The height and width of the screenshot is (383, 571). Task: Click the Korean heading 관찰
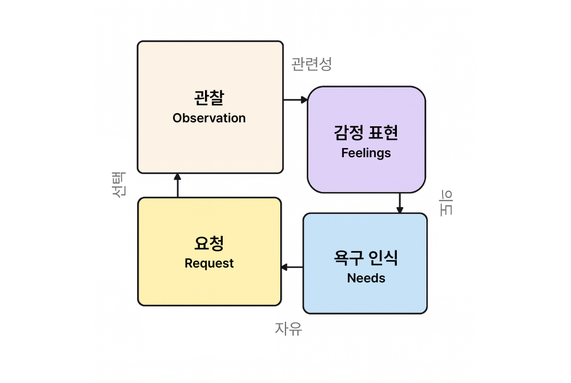(209, 97)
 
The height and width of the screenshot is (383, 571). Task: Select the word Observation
(209, 118)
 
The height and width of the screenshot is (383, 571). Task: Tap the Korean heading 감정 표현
(366, 133)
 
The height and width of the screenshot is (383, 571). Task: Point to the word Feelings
(366, 153)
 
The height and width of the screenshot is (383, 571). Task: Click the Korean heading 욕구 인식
(366, 258)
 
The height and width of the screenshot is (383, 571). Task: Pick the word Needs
(366, 278)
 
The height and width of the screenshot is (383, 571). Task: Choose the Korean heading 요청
(209, 243)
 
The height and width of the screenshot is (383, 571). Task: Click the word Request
(209, 264)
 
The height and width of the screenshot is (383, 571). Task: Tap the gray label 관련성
(311, 63)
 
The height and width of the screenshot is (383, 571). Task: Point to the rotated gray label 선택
(119, 185)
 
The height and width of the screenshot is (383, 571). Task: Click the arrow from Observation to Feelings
(295, 100)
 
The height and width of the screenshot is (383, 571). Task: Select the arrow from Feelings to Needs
(400, 203)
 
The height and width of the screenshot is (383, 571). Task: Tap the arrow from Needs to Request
(292, 267)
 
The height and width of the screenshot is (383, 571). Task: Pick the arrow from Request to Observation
(177, 185)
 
